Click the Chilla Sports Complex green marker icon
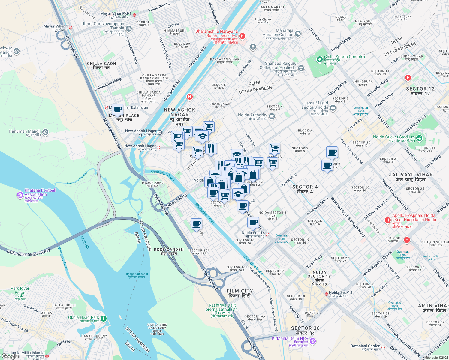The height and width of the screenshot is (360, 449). click(x=319, y=59)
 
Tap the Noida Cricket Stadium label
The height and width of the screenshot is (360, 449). click(x=394, y=137)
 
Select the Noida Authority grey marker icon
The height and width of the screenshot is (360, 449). click(x=272, y=117)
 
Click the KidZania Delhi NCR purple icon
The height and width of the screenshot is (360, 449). click(x=313, y=341)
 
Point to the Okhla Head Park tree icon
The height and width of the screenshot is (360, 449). click(x=104, y=318)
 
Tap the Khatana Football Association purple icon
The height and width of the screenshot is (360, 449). click(x=20, y=195)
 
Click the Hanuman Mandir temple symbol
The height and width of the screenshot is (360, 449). click(x=45, y=132)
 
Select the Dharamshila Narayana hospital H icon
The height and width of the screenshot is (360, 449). click(x=242, y=36)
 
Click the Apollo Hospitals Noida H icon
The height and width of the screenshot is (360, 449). click(x=388, y=220)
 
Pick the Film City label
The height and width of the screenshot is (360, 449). click(x=240, y=291)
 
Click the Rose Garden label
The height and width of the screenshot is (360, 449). click(x=169, y=250)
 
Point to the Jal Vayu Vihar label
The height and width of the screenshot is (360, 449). click(x=411, y=175)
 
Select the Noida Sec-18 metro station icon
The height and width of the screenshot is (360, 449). click(x=326, y=294)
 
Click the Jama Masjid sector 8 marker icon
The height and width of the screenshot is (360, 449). click(x=333, y=108)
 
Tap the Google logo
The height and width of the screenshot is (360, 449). click(x=10, y=356)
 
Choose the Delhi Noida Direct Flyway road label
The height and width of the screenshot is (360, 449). click(x=29, y=251)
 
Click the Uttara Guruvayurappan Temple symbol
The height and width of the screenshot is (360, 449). click(x=129, y=28)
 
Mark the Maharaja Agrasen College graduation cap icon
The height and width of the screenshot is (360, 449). click(x=298, y=34)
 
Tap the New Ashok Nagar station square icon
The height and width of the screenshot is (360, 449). click(x=160, y=132)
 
